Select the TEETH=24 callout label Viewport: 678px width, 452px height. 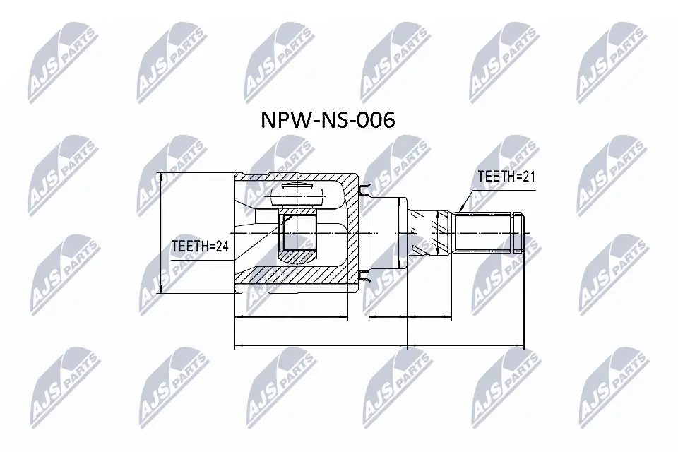point(200,246)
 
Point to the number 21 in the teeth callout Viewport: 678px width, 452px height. point(528,177)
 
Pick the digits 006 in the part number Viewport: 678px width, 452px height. point(374,119)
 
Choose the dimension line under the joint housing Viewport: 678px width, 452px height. point(291,318)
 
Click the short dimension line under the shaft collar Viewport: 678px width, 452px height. point(388,318)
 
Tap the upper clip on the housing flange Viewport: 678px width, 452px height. point(364,189)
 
